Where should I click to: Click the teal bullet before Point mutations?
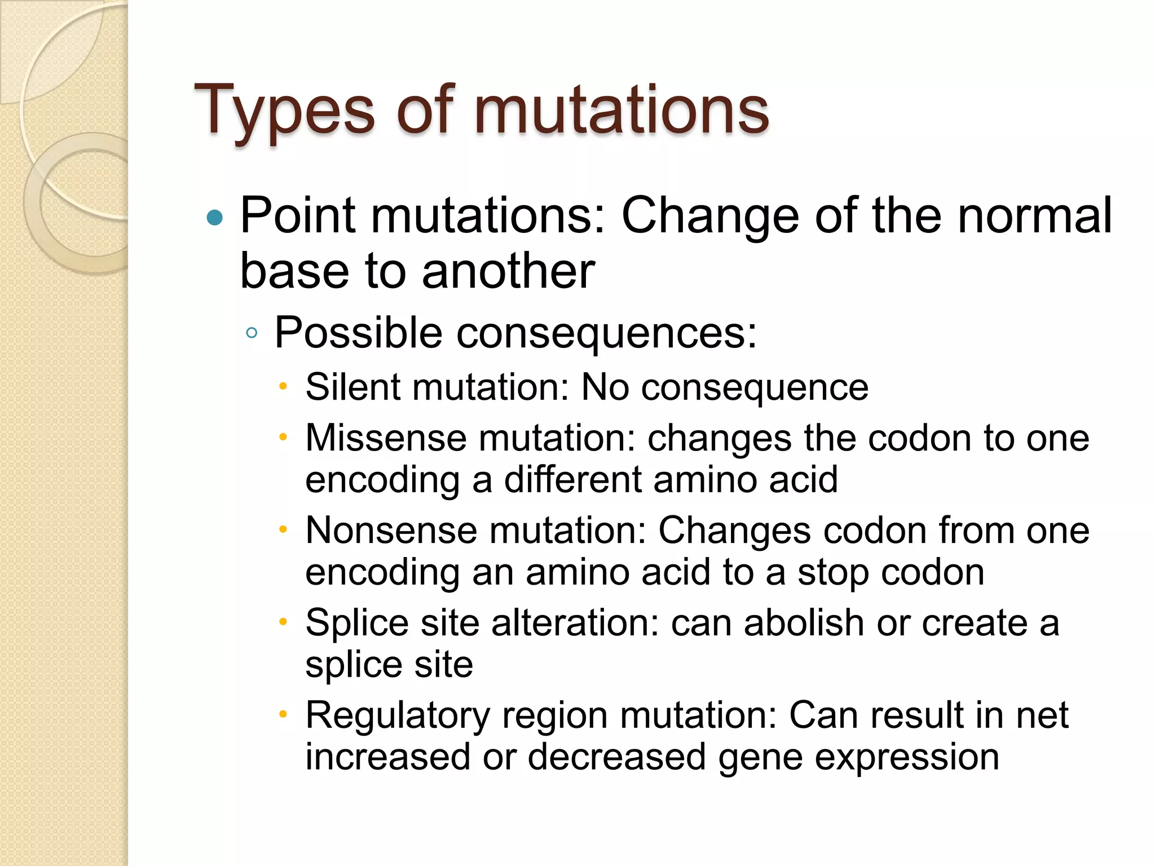(215, 218)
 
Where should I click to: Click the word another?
(508, 271)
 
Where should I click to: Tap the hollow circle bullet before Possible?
(252, 333)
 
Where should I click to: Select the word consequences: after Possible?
(606, 333)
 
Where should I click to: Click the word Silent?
(352, 388)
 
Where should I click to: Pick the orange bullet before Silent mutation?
(284, 387)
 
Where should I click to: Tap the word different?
(573, 480)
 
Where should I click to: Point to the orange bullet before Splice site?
(284, 622)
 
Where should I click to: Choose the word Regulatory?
(398, 715)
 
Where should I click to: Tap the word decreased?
(616, 757)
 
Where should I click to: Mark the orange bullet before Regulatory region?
(284, 714)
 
